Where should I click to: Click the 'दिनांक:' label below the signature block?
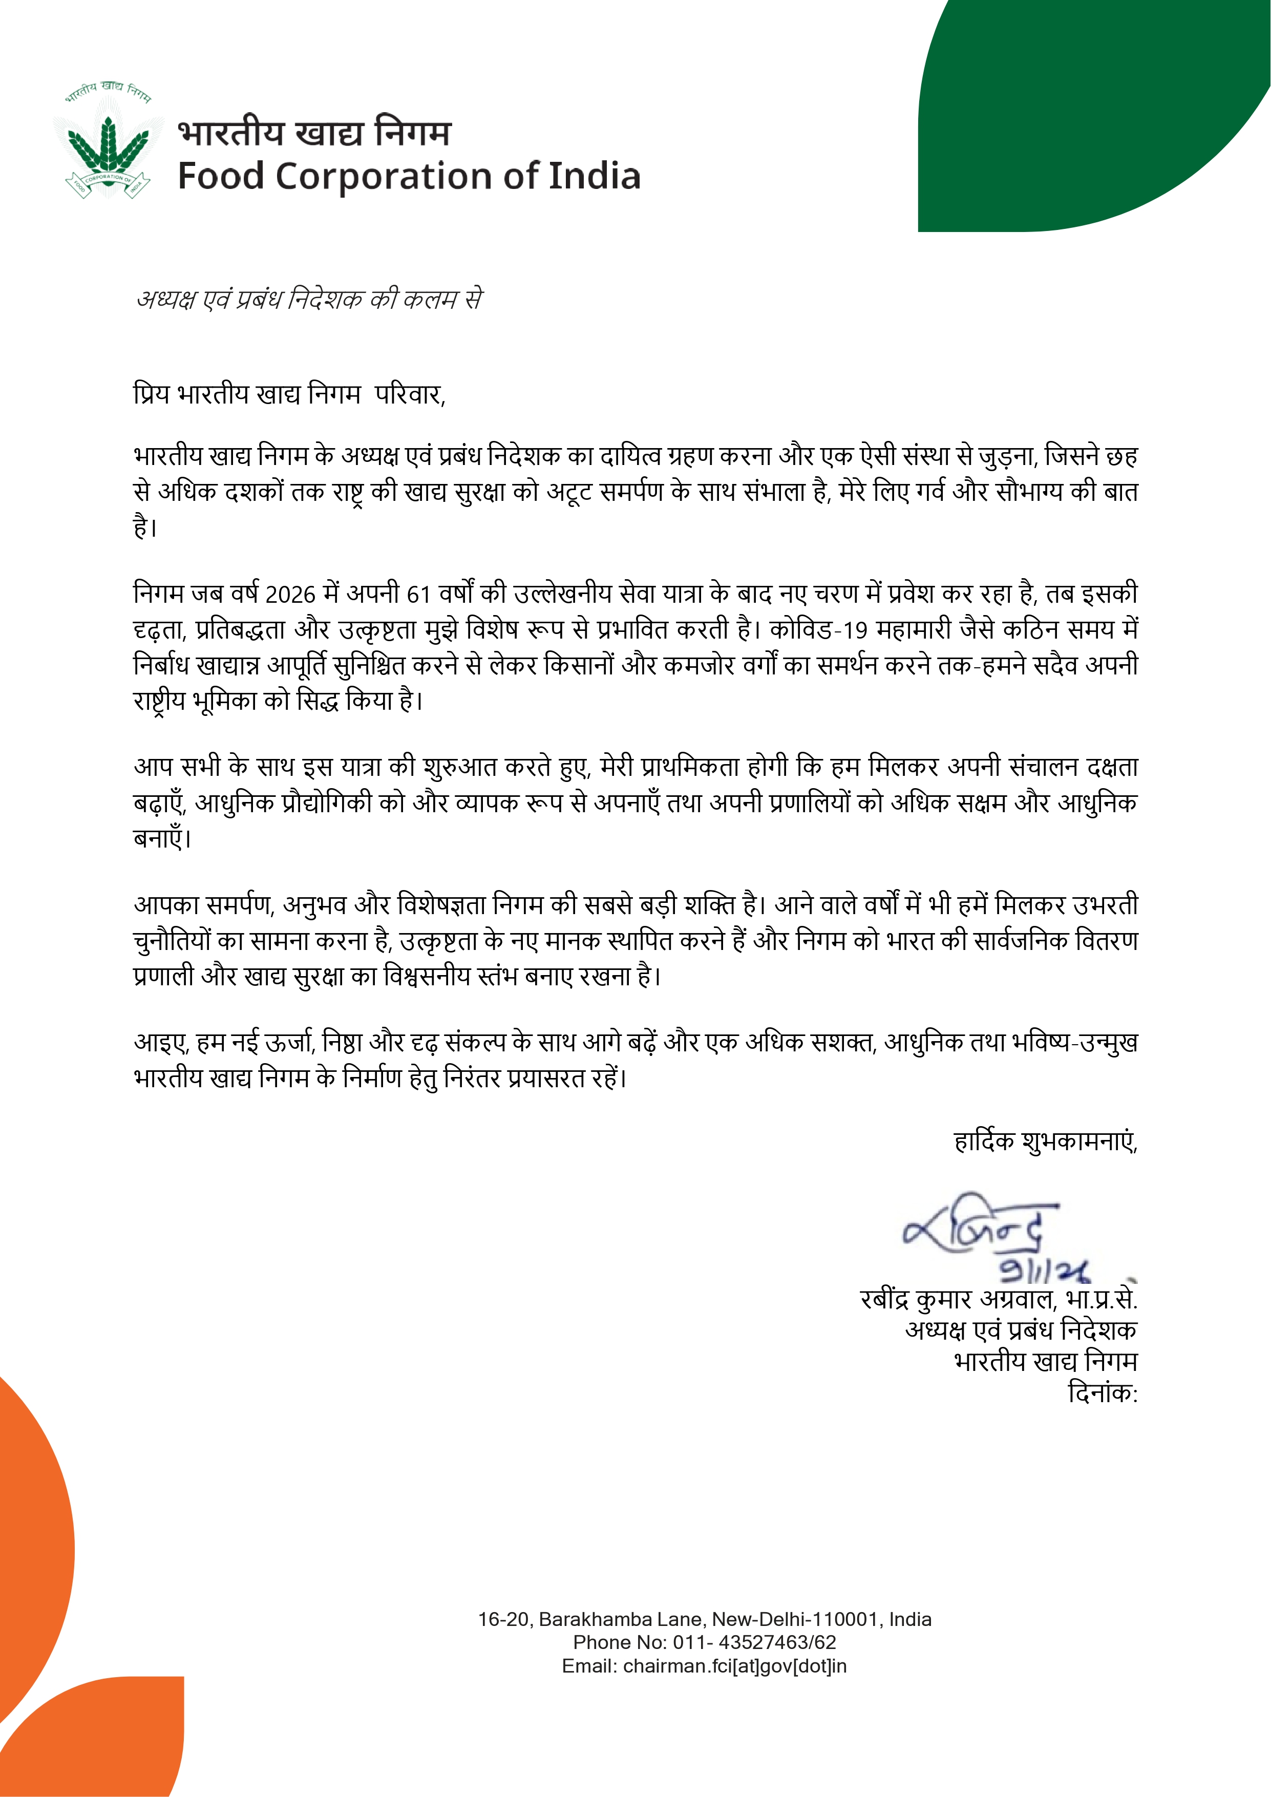coord(1103,1393)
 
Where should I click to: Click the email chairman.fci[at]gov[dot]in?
coord(735,1665)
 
